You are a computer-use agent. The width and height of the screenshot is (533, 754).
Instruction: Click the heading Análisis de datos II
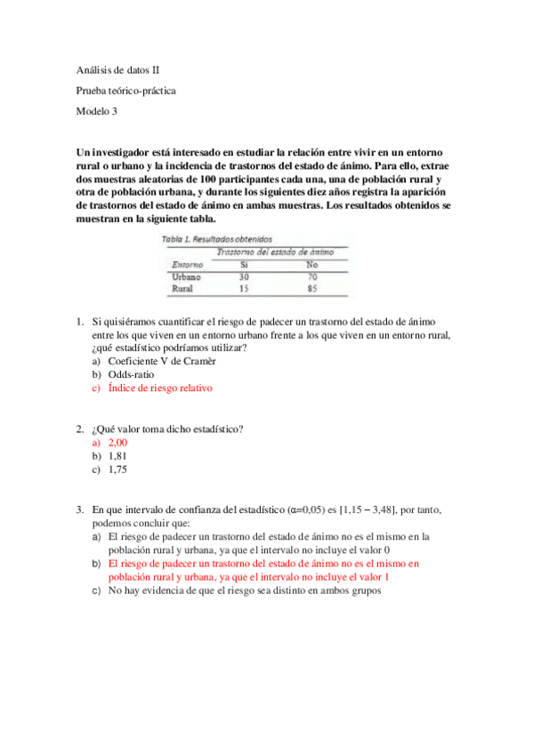click(118, 69)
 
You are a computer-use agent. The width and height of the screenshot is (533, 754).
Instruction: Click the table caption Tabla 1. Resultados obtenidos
click(216, 239)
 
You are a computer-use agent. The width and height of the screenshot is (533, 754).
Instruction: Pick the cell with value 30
click(245, 277)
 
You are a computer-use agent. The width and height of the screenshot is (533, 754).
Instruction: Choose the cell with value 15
click(245, 289)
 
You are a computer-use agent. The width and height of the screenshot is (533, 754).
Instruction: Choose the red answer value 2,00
click(118, 443)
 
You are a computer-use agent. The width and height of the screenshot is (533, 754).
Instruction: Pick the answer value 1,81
click(117, 456)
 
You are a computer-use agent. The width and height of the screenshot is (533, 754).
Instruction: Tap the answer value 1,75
click(117, 469)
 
